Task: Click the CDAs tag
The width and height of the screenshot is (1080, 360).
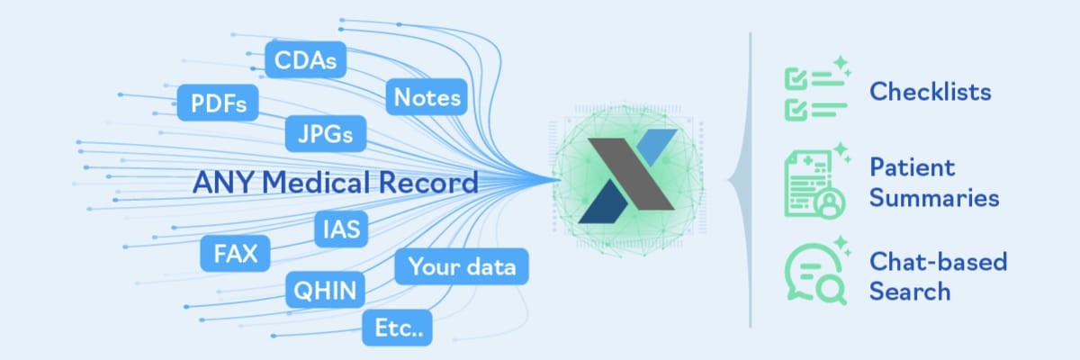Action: point(307,60)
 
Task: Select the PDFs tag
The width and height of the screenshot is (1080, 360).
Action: point(218,103)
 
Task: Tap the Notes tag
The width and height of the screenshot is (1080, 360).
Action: point(427,97)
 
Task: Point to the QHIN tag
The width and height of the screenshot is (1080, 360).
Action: point(325,290)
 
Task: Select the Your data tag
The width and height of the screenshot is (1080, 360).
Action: point(463,266)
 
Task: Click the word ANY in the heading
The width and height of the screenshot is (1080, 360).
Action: point(217,184)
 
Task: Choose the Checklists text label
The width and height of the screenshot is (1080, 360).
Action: point(930,92)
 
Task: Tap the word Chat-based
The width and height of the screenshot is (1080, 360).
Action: point(938,262)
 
